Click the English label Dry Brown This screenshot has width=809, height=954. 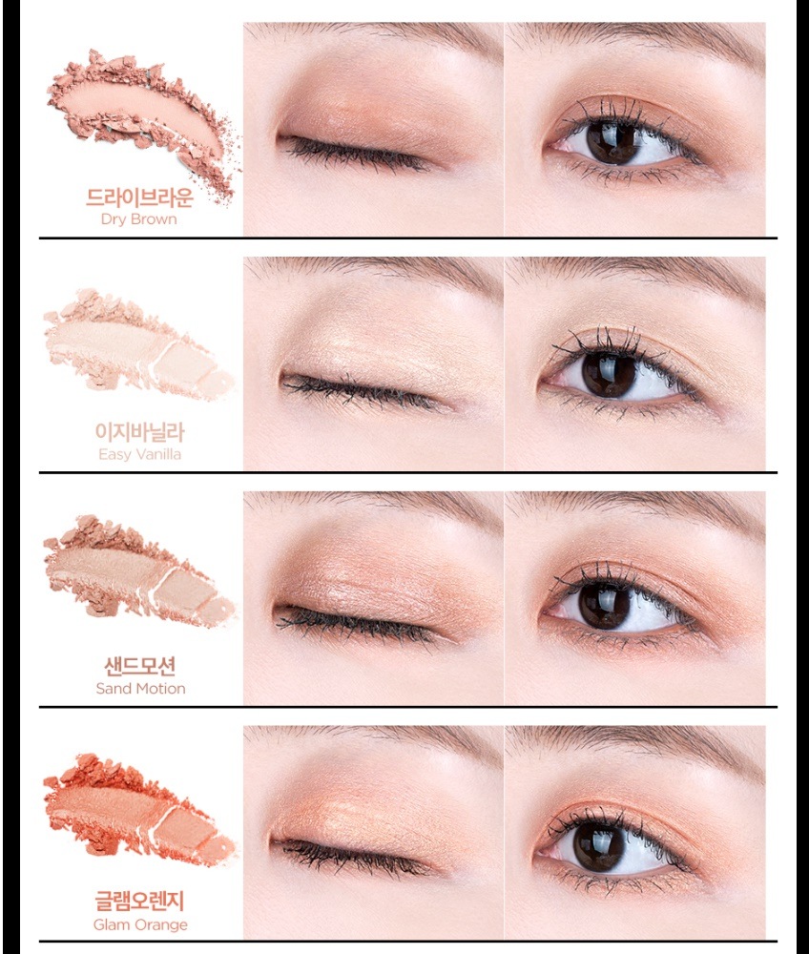(x=138, y=219)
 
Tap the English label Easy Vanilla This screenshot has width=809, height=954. (x=139, y=454)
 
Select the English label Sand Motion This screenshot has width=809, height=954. (x=140, y=688)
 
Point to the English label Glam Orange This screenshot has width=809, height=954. (x=140, y=924)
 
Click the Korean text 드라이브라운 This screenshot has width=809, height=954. (x=139, y=197)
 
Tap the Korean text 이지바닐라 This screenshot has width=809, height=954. (x=139, y=432)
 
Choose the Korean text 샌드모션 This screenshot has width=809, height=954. (x=140, y=666)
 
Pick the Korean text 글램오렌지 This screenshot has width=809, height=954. (x=139, y=901)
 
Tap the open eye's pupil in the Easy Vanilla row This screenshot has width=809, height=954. (x=611, y=372)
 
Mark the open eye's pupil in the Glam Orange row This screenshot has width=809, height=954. (x=599, y=842)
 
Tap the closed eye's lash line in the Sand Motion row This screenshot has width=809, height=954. (x=359, y=622)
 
